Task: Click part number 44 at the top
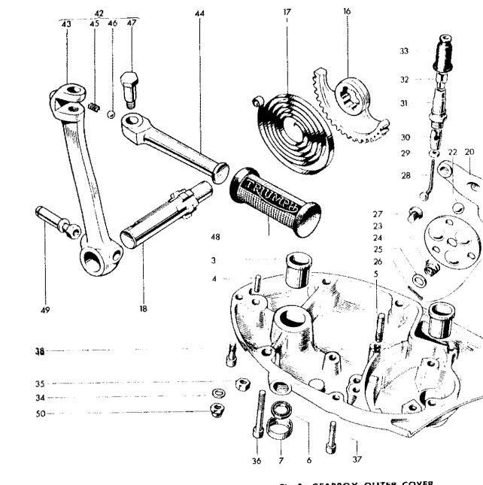pyautogui.click(x=199, y=14)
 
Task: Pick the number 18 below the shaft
pyautogui.click(x=143, y=308)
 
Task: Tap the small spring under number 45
pyautogui.click(x=95, y=109)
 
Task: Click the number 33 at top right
pyautogui.click(x=405, y=51)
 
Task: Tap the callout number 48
pyautogui.click(x=216, y=237)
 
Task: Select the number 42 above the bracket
pyautogui.click(x=99, y=13)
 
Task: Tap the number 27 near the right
pyautogui.click(x=377, y=214)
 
